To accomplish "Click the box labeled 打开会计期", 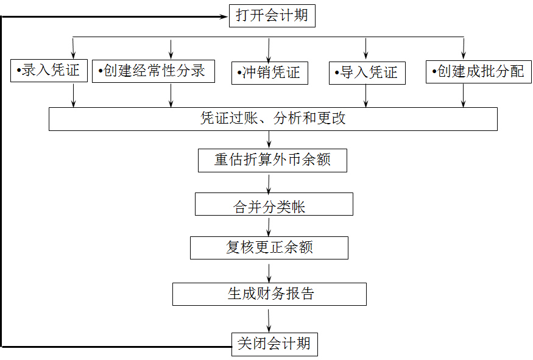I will pos(272,16).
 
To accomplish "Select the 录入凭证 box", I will pos(49,71).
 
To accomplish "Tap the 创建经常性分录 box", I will pos(154,71).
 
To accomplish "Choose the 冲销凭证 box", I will pos(269,73).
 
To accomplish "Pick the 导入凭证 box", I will pos(367,73).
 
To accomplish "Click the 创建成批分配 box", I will pos(478,72).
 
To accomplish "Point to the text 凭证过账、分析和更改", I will pos(273,119).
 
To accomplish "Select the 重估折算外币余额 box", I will pos(272,160).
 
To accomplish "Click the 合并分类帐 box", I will pos(274,205).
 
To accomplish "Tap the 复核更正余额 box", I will pos(269,248).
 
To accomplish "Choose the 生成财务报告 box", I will pos(269,294).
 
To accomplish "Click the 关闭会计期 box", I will pos(274,344).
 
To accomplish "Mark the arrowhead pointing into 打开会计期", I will pos(223,17).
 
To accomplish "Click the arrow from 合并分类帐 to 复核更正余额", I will pos(269,226).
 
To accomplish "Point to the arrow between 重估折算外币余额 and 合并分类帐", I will pos(269,183).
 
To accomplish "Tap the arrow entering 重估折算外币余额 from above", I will pos(269,139).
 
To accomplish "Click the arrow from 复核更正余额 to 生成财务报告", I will pos(269,272).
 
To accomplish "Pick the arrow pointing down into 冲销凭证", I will pos(269,49).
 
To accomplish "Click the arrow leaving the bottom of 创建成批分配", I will pos(464,95).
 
